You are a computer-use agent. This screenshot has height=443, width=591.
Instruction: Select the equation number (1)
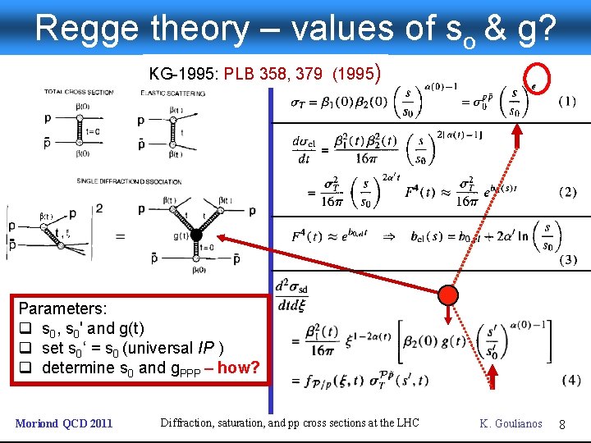(566, 102)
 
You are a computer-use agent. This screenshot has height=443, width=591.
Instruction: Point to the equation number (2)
(566, 192)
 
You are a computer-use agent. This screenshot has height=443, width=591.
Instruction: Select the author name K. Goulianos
(511, 424)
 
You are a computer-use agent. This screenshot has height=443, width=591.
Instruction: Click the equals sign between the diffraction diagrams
(119, 236)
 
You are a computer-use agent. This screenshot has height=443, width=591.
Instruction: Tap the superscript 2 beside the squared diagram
(98, 209)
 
